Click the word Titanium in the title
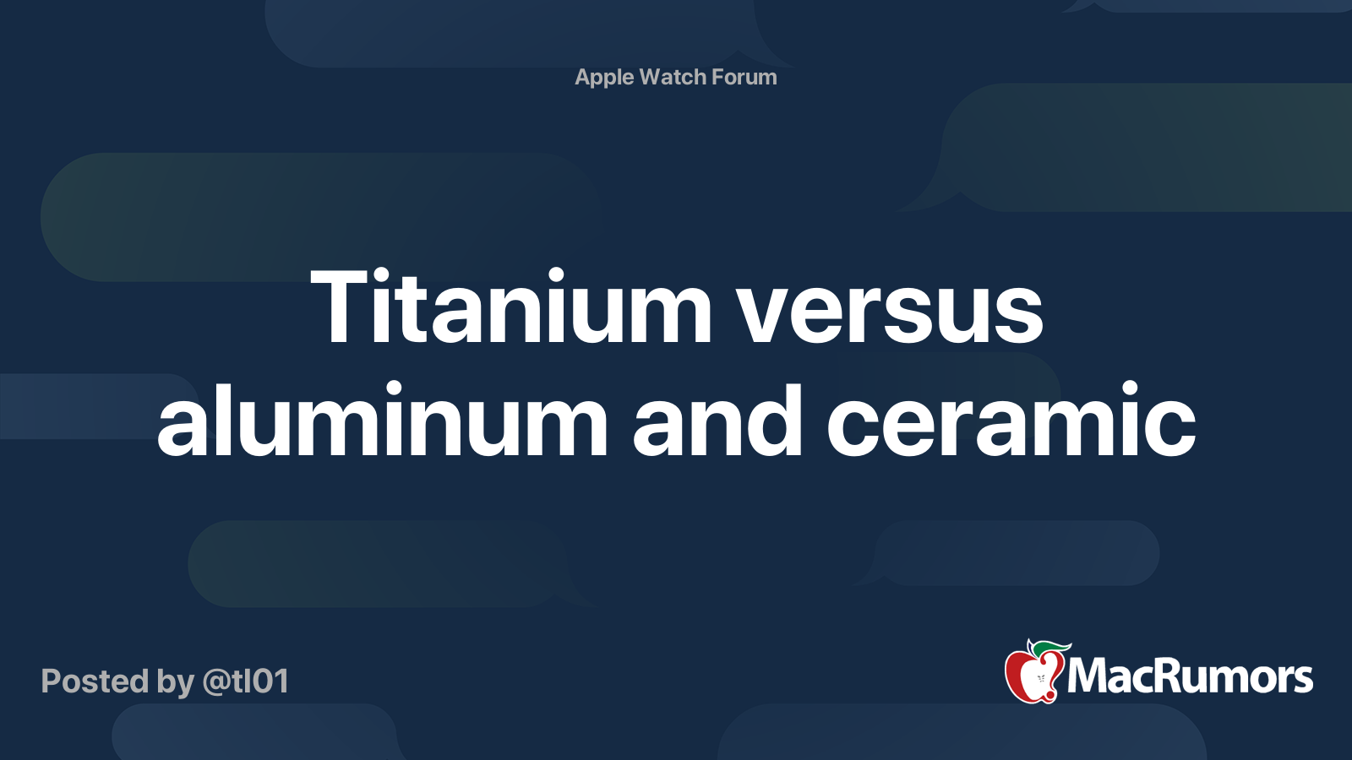(x=511, y=307)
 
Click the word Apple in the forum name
(x=604, y=78)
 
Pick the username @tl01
(x=246, y=681)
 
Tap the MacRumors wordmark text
(x=1190, y=676)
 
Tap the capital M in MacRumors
(x=1088, y=676)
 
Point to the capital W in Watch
(x=652, y=77)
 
